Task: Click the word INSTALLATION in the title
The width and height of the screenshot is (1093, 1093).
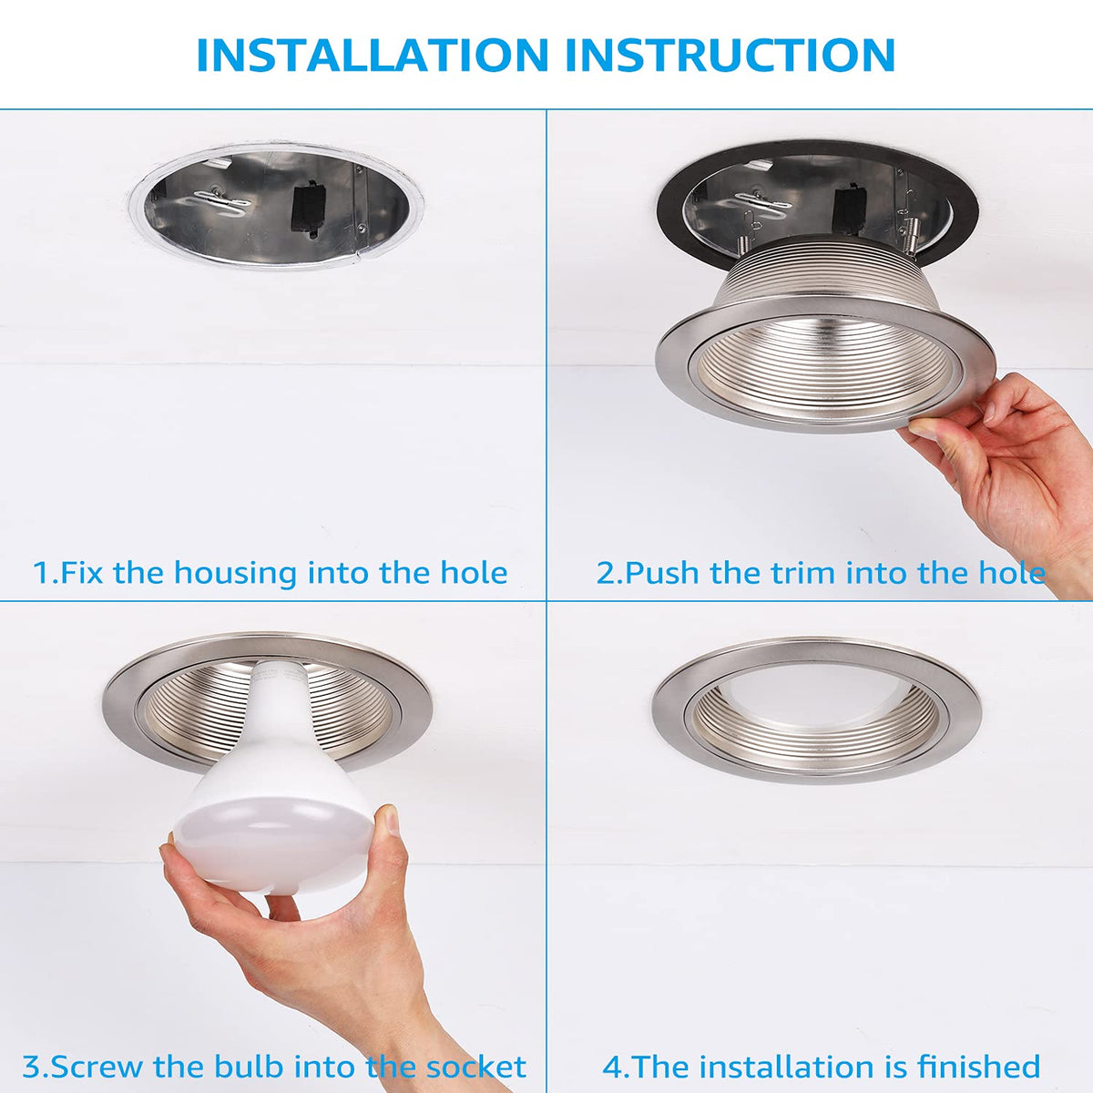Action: click(x=373, y=55)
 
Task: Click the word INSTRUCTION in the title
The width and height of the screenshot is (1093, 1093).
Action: click(x=730, y=55)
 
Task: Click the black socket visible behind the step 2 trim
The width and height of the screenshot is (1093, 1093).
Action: click(x=852, y=211)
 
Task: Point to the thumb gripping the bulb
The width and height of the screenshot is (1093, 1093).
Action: click(x=389, y=842)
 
